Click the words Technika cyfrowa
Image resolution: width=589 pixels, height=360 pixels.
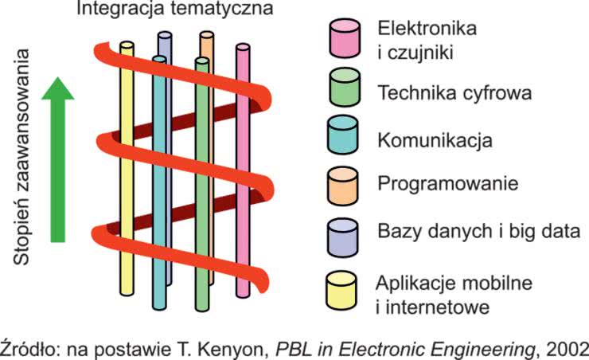pos(454,93)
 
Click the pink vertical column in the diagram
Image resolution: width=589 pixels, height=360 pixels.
pos(243,175)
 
